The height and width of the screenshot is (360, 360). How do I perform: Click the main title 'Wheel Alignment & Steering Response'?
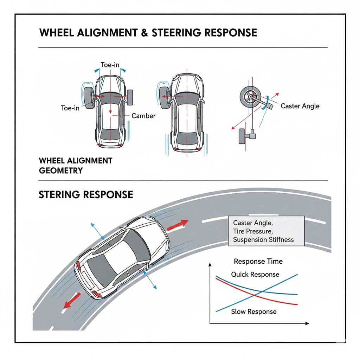point(148,33)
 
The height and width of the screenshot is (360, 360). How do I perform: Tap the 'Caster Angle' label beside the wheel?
point(300,106)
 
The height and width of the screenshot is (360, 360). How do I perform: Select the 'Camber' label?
point(143,116)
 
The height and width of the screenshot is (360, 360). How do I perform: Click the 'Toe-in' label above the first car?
point(110,65)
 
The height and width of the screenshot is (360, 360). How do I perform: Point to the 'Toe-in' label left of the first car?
point(70,108)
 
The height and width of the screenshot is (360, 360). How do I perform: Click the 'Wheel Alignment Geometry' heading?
point(76,166)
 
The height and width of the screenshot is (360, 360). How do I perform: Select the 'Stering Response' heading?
point(86,195)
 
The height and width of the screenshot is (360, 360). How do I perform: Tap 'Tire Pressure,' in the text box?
point(253,231)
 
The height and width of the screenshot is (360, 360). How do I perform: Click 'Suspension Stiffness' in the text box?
point(263,240)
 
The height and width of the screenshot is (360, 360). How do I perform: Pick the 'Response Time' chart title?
point(258,261)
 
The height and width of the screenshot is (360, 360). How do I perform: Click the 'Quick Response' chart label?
point(255,274)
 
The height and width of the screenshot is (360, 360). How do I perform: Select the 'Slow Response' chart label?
point(254,311)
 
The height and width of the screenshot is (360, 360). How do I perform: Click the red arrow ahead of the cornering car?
point(178,225)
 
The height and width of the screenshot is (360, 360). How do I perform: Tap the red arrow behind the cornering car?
point(72,300)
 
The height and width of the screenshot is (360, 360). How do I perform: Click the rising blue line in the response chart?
point(257,293)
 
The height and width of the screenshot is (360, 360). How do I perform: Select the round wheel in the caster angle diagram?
point(250,97)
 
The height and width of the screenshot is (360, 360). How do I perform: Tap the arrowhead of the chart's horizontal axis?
point(307,323)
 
